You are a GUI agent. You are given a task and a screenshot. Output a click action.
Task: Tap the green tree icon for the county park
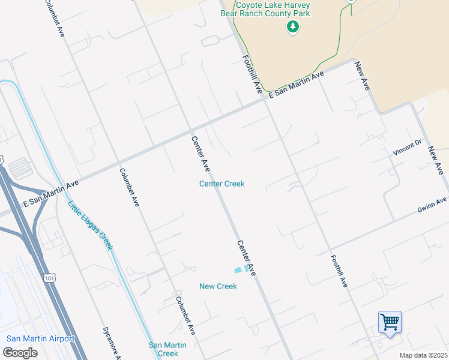click(292, 26)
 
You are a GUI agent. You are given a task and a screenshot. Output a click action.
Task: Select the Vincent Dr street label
click(408, 146)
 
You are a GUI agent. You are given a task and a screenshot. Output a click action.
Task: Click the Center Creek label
click(221, 184)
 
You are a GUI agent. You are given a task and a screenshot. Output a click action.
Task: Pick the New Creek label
click(218, 286)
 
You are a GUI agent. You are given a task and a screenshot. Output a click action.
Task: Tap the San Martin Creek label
click(167, 349)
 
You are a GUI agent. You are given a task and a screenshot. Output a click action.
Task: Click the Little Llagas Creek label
click(89, 225)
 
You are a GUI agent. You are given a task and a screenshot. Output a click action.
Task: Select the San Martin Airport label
click(40, 338)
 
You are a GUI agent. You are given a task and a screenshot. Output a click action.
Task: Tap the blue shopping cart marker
click(390, 322)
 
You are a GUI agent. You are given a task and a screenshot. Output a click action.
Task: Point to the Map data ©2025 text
click(423, 355)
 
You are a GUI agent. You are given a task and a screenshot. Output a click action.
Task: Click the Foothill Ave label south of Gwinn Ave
click(339, 270)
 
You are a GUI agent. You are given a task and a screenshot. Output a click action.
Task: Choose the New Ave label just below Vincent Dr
click(436, 161)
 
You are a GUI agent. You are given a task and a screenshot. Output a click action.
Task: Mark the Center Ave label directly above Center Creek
click(200, 153)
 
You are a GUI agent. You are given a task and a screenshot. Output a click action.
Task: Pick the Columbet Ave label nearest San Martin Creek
click(185, 315)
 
